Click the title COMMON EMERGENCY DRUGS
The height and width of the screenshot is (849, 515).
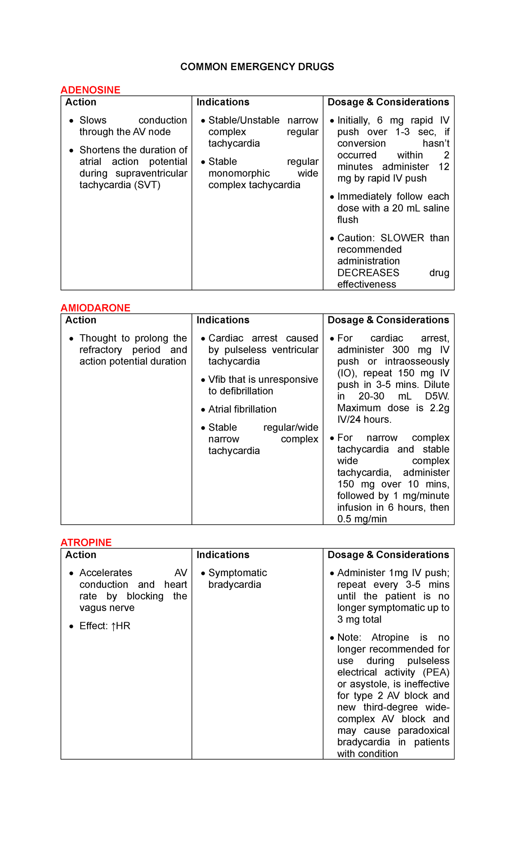(x=257, y=67)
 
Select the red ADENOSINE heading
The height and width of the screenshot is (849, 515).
(x=90, y=90)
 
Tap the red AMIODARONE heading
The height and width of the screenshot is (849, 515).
(x=95, y=308)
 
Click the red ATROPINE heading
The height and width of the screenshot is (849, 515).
(x=86, y=543)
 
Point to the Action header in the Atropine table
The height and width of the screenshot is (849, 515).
(x=81, y=555)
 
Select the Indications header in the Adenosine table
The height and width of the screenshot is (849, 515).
(x=223, y=102)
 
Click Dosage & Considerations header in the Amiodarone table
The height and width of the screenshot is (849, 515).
(x=388, y=320)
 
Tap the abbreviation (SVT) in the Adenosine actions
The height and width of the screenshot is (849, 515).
(x=147, y=185)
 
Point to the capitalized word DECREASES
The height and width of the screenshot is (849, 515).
(x=368, y=273)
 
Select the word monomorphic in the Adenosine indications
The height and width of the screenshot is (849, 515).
(x=239, y=174)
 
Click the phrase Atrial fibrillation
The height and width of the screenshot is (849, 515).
(x=242, y=409)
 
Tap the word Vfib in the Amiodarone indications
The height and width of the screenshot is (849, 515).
(x=217, y=380)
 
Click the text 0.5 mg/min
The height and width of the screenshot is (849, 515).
(x=362, y=519)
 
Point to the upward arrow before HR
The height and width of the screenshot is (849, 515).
(x=113, y=626)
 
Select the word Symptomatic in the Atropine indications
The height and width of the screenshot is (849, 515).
(x=237, y=573)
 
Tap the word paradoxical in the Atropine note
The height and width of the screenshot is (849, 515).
(x=423, y=730)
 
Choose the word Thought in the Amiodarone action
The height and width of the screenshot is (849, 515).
(x=98, y=339)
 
